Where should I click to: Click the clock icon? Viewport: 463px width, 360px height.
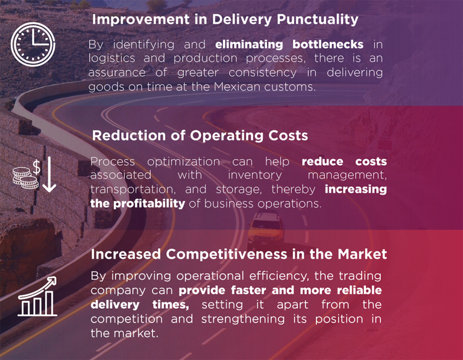click(x=33, y=44)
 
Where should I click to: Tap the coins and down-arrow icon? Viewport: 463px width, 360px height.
click(x=34, y=174)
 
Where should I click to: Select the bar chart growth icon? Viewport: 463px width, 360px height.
click(x=37, y=296)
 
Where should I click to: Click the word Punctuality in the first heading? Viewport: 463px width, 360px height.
click(x=318, y=20)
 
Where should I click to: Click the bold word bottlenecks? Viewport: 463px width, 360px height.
click(x=328, y=44)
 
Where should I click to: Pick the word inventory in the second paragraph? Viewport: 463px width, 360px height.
click(x=255, y=175)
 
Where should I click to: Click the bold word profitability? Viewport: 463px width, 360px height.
click(x=149, y=204)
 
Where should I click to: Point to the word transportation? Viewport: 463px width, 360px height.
click(x=133, y=189)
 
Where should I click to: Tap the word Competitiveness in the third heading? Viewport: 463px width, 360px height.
click(x=227, y=254)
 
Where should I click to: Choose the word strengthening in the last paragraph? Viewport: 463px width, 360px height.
click(x=243, y=319)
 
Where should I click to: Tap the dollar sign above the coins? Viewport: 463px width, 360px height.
click(x=36, y=167)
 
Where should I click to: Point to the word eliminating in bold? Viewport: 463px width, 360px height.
click(x=249, y=44)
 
